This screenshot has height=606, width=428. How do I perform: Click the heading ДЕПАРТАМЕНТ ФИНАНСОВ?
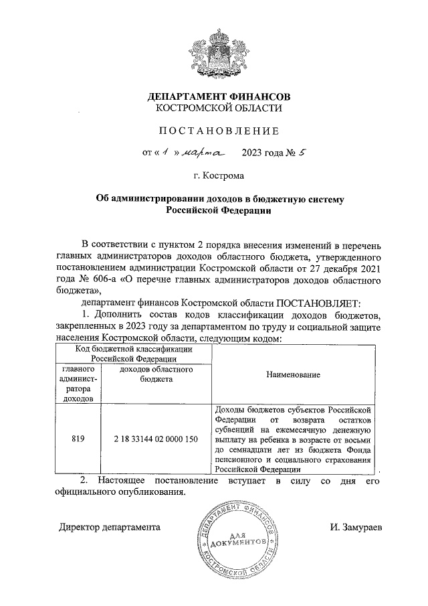click(219, 96)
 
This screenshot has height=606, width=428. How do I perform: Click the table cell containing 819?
click(78, 439)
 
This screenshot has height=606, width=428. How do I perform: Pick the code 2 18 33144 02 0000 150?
click(157, 439)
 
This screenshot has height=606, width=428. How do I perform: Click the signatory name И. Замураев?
click(356, 526)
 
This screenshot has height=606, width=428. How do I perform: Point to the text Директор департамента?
click(108, 526)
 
